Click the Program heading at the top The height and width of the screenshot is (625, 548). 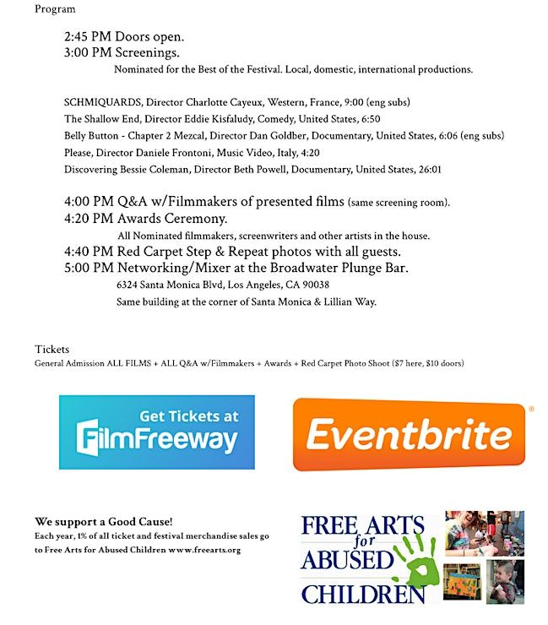(55, 9)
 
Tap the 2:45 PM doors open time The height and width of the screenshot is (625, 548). (88, 37)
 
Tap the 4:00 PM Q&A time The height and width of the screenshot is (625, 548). (88, 202)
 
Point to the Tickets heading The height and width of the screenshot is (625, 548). (52, 349)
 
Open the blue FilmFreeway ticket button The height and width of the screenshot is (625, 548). (156, 432)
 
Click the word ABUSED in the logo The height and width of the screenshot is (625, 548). (347, 560)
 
